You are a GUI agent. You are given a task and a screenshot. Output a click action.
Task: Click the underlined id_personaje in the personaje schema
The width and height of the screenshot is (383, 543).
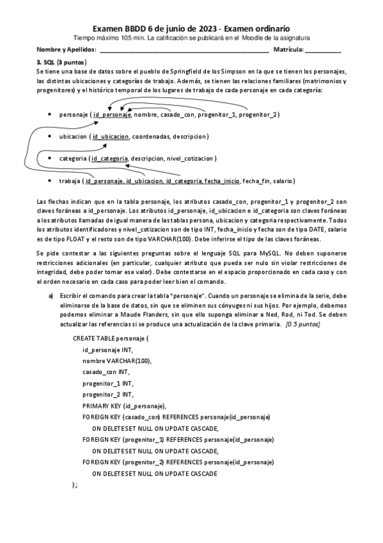[112, 115]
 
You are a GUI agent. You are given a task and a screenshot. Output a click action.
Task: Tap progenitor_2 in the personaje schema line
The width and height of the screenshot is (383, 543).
[255, 115]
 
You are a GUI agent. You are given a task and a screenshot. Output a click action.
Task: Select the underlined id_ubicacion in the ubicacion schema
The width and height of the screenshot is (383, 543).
[111, 136]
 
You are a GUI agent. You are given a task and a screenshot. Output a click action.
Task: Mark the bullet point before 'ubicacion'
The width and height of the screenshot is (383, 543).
[50, 136]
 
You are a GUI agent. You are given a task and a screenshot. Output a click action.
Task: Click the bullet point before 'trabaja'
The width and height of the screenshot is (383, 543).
[50, 181]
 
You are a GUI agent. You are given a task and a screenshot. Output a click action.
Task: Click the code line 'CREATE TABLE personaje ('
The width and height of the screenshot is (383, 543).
[111, 337]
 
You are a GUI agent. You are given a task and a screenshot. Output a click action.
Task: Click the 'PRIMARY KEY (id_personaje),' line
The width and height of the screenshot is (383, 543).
[125, 406]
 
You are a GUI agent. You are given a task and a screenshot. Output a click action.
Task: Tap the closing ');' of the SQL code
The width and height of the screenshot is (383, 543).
[75, 485]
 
